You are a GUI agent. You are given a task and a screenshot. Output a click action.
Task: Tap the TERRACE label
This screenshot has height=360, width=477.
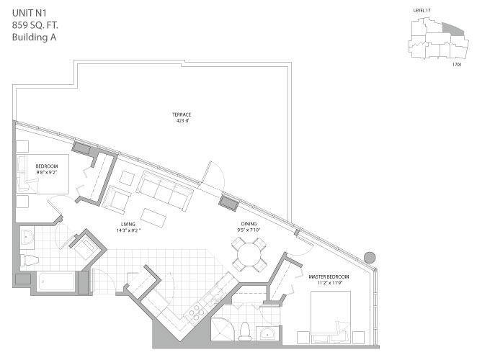coord(181,114)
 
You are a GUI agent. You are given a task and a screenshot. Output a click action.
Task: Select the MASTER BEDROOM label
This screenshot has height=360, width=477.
coord(329,276)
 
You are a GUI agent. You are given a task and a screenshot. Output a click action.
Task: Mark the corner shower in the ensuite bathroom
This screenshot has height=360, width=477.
coord(224,328)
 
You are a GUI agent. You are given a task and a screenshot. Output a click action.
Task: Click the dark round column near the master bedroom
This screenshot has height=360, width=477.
coord(371,257)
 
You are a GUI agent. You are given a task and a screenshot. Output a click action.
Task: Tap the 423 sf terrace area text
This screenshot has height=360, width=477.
coord(181,122)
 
